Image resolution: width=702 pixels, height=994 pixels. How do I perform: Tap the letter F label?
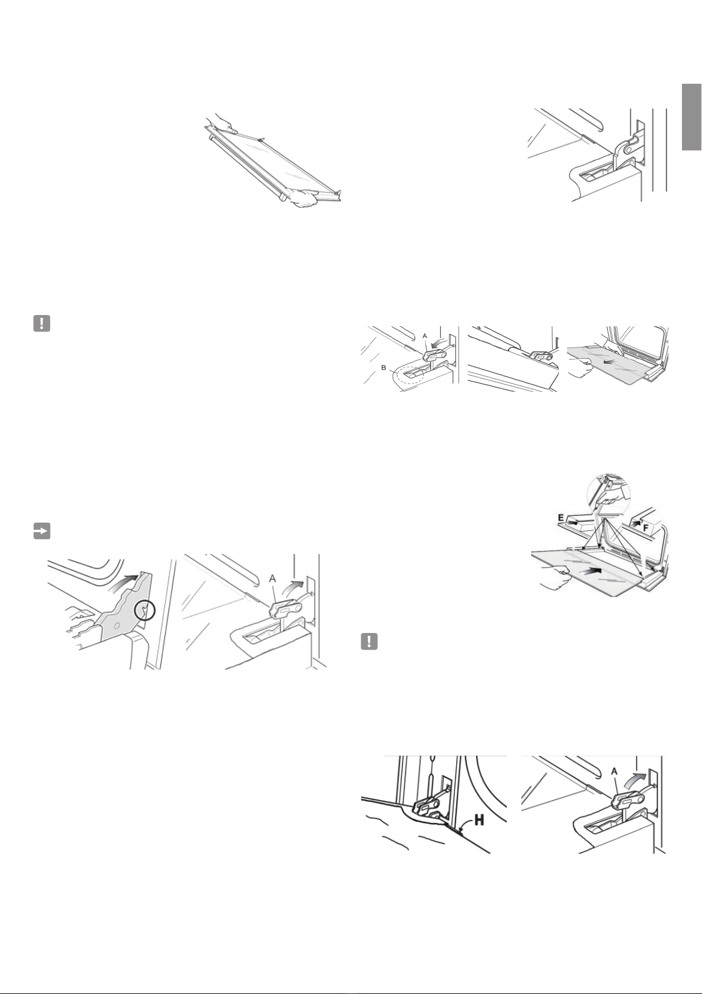[x=647, y=527]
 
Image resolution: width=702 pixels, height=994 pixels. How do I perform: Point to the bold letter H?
[x=479, y=820]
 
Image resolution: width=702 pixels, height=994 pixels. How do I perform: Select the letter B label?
[x=383, y=367]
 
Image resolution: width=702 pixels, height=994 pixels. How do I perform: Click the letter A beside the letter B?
[x=425, y=336]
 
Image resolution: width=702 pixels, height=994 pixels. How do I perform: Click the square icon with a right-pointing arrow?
[x=41, y=532]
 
